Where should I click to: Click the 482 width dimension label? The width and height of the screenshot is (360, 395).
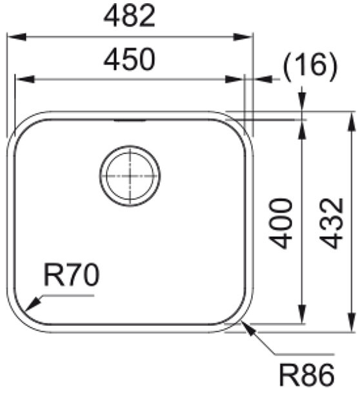130,15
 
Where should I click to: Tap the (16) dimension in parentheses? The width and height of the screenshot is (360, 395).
310,66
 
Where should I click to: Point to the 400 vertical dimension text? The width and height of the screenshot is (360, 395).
280,223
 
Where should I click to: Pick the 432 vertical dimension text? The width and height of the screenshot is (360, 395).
332,223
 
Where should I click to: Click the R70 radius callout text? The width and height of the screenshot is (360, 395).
72,274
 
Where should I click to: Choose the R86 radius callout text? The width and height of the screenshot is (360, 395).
307,376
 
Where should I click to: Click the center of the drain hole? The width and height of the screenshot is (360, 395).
130,176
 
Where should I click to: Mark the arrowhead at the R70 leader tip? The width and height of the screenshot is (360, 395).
33,304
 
